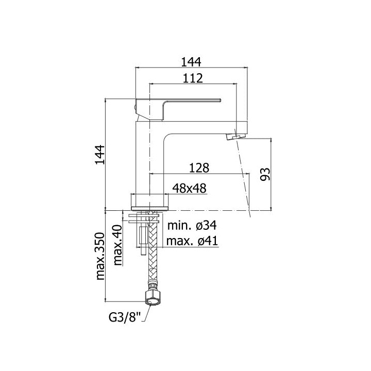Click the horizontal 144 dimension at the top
pyautogui.click(x=191, y=62)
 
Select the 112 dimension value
pyautogui.click(x=193, y=78)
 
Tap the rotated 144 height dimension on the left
pyautogui.click(x=99, y=155)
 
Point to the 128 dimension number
pyautogui.click(x=199, y=168)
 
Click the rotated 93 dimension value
pyautogui.click(x=265, y=174)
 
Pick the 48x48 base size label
pyautogui.click(x=189, y=189)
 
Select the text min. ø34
pyautogui.click(x=192, y=226)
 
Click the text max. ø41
pyautogui.click(x=192, y=241)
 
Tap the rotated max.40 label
pyautogui.click(x=117, y=245)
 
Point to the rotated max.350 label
pyautogui.click(x=100, y=257)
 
